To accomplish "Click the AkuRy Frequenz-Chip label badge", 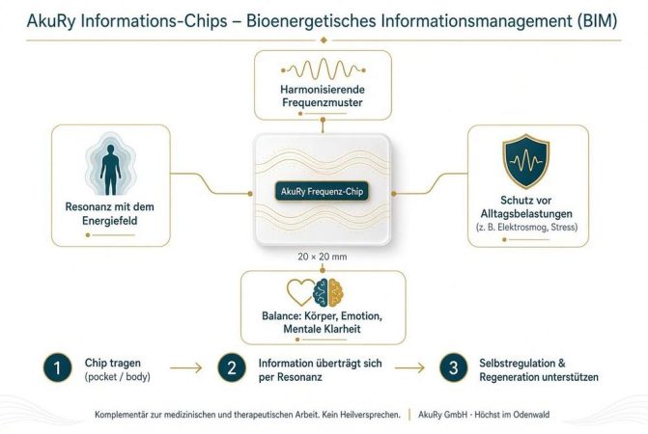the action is click(322, 191).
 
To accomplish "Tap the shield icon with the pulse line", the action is click(525, 161).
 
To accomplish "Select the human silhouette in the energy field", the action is click(110, 170).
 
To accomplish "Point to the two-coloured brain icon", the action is click(328, 292).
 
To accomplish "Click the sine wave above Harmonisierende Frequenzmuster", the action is click(323, 69).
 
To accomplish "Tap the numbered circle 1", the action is click(57, 367).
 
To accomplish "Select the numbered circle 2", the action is click(232, 367).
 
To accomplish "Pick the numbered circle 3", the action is click(453, 367).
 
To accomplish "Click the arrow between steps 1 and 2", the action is click(186, 367).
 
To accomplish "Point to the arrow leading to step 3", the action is click(409, 367).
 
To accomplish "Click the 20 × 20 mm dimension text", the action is click(323, 257).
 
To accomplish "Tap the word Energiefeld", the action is click(109, 221).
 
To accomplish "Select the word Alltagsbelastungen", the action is click(526, 214).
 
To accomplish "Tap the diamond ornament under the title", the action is click(324, 40).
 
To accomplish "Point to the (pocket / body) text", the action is click(118, 377).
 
